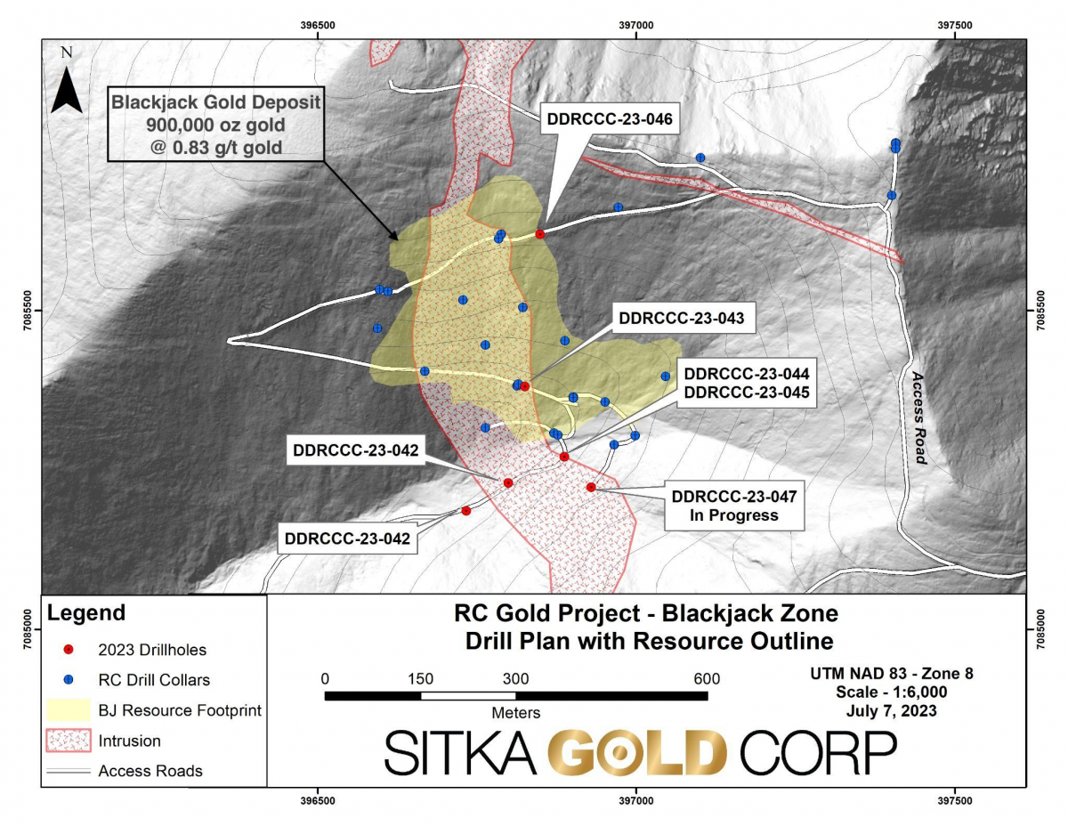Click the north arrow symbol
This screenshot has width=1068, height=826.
pos(66,87)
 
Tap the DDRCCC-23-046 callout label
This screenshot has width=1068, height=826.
pos(610,117)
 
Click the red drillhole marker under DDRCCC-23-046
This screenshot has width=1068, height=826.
pos(539,234)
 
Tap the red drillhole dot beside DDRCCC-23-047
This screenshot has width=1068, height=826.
pos(591,487)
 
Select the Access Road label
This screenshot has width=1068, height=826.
pos(920,417)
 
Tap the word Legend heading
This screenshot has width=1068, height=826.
pos(86,613)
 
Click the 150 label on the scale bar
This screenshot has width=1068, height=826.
pos(420,678)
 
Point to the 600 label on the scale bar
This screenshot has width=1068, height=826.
pos(707,678)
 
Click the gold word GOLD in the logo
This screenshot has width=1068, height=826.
pos(637,753)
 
